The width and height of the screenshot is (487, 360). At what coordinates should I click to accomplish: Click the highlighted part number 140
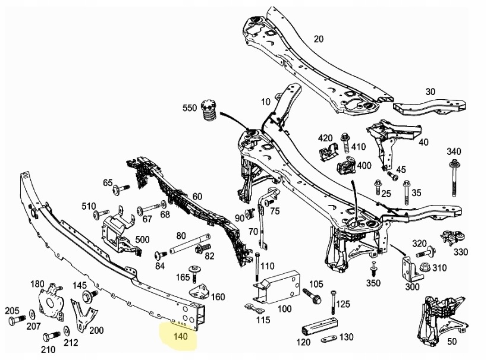pyautogui.click(x=180, y=337)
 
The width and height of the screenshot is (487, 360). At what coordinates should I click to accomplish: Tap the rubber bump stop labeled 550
pyautogui.click(x=209, y=111)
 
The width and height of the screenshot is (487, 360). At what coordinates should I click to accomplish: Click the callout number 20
pyautogui.click(x=318, y=39)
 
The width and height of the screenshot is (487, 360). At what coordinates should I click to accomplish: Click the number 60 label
pyautogui.click(x=197, y=197)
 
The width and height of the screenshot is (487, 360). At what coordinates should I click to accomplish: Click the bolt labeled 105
pyautogui.click(x=310, y=293)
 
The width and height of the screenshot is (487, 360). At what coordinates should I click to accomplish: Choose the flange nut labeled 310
pyautogui.click(x=424, y=268)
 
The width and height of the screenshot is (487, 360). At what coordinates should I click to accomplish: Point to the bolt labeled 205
pyautogui.click(x=16, y=321)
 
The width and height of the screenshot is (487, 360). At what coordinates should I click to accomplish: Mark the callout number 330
pyautogui.click(x=460, y=252)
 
